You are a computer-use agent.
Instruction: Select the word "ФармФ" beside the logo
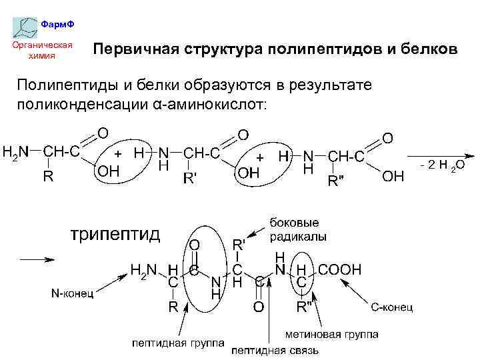(x=58, y=24)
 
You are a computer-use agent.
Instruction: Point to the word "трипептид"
(x=115, y=235)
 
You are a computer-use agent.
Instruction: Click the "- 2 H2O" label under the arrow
(x=441, y=165)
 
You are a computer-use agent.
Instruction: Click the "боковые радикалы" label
(x=294, y=229)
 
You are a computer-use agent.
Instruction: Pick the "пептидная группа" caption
(x=177, y=343)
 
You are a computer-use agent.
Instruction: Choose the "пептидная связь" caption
(x=275, y=349)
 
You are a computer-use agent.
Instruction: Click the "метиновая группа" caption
(x=331, y=333)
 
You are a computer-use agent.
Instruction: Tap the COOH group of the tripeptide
(x=340, y=269)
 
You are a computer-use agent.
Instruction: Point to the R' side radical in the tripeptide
(x=239, y=244)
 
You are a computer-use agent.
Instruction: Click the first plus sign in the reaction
(x=117, y=153)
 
